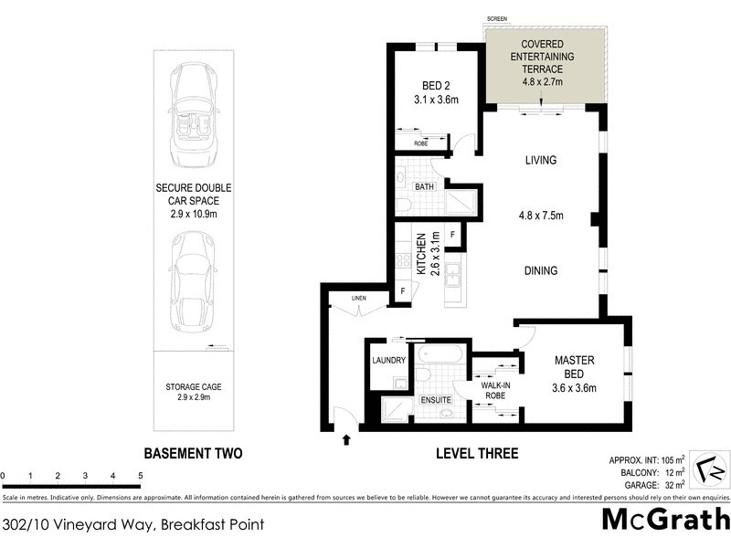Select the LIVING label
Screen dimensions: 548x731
(x=540, y=161)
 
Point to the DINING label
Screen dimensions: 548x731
(x=540, y=270)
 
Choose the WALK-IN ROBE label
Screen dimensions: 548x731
(x=496, y=388)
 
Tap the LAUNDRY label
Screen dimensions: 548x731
(x=388, y=360)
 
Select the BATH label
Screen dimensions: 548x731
(x=423, y=187)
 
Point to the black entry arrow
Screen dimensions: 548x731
(x=345, y=440)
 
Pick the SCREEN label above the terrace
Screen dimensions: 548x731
(x=497, y=18)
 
